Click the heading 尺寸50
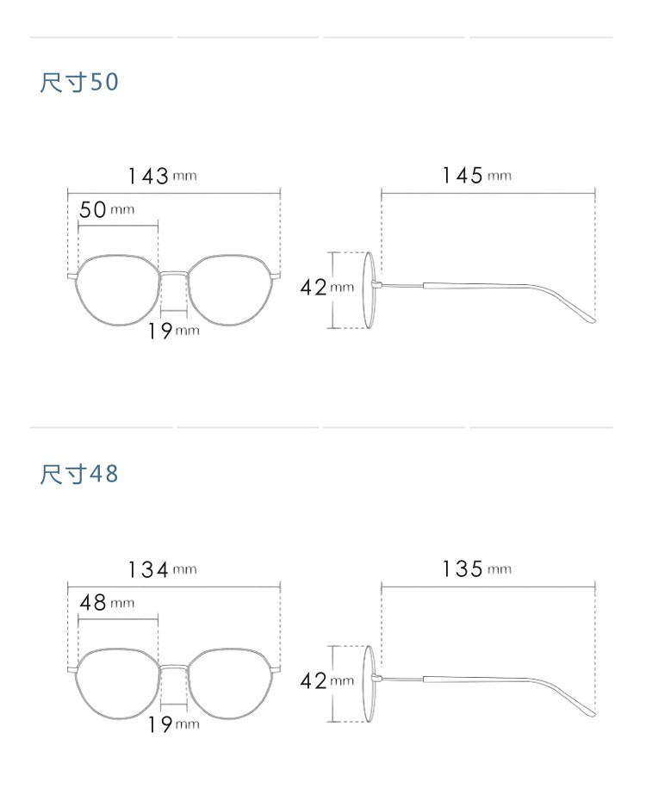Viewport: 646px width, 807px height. [x=79, y=83]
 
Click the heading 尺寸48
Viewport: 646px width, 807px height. [x=79, y=474]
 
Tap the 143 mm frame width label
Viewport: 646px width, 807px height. [x=162, y=176]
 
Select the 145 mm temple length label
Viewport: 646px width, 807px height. [x=477, y=176]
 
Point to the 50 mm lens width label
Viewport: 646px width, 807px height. [x=107, y=209]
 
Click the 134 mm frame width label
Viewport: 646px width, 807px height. [x=162, y=570]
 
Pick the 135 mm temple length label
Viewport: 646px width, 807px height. [x=477, y=569]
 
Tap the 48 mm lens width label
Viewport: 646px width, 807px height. [x=107, y=603]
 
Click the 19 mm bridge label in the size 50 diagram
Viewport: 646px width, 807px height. [x=174, y=331]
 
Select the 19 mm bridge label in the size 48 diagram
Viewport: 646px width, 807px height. [x=174, y=724]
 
